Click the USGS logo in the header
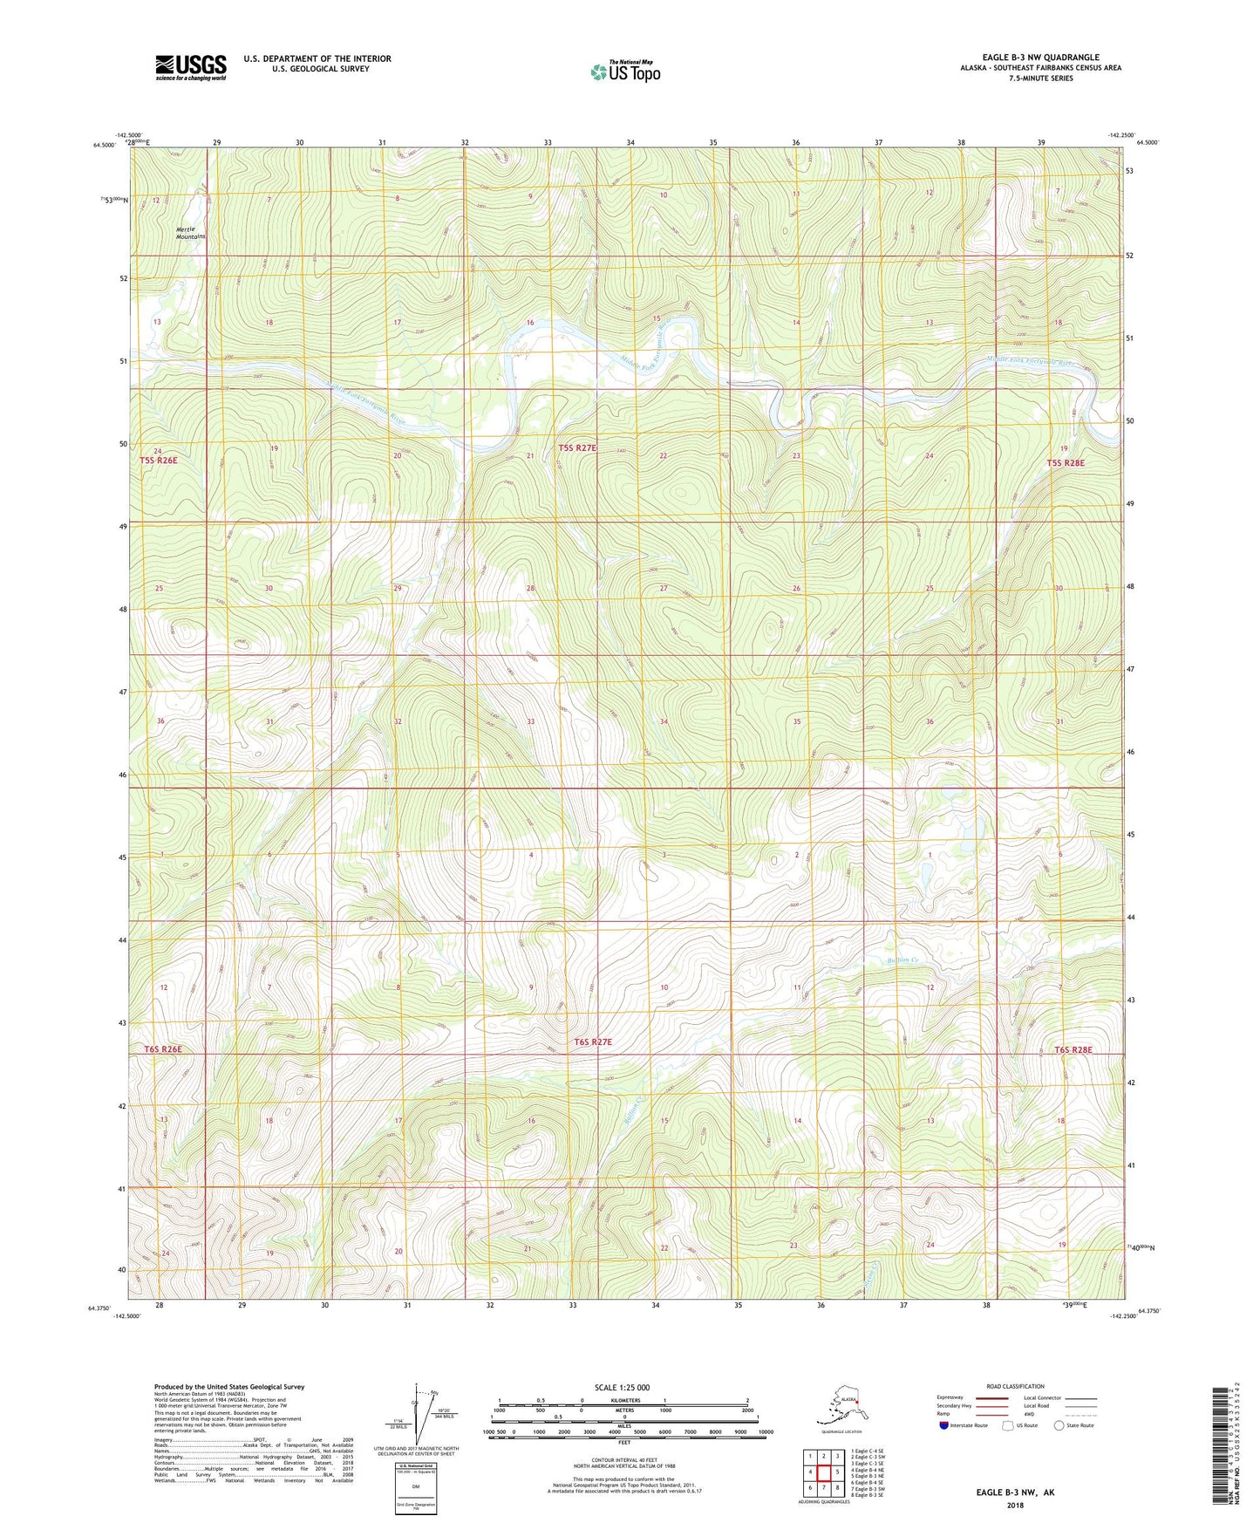pos(191,67)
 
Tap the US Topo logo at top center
pos(625,72)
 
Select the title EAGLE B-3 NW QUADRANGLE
pos(1040,58)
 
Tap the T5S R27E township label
pos(577,447)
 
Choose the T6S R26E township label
pos(162,1048)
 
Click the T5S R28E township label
pos(1066,463)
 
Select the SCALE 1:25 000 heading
pos(622,1387)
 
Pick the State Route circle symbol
pos(1059,1425)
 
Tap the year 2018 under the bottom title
pos(1015,1505)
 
